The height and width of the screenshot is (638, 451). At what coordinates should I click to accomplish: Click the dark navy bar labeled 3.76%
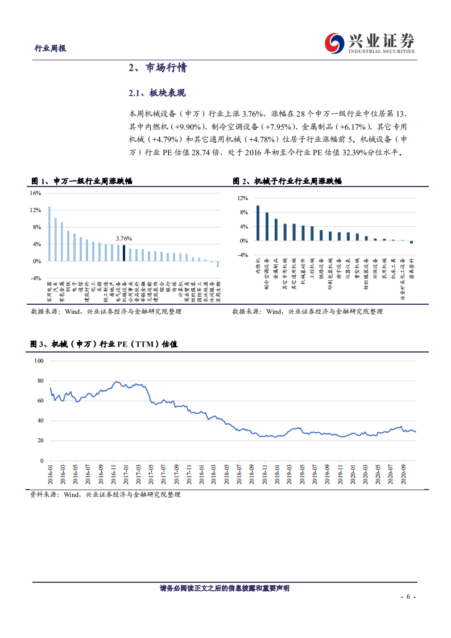[124, 253]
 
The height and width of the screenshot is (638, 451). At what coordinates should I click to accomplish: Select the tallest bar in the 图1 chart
[49, 234]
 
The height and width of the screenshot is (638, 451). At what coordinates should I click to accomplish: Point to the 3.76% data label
[123, 238]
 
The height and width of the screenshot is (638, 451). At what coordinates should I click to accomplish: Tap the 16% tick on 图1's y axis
[35, 193]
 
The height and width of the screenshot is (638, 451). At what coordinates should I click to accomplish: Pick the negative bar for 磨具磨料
[412, 242]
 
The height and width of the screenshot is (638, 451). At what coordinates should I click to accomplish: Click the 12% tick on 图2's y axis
[243, 198]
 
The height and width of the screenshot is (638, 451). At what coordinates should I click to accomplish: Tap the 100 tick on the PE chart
[39, 361]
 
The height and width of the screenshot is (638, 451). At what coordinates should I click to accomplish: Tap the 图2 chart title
[287, 181]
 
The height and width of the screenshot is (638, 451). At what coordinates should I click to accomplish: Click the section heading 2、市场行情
[157, 68]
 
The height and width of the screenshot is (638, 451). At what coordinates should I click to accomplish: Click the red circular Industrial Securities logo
[334, 42]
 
